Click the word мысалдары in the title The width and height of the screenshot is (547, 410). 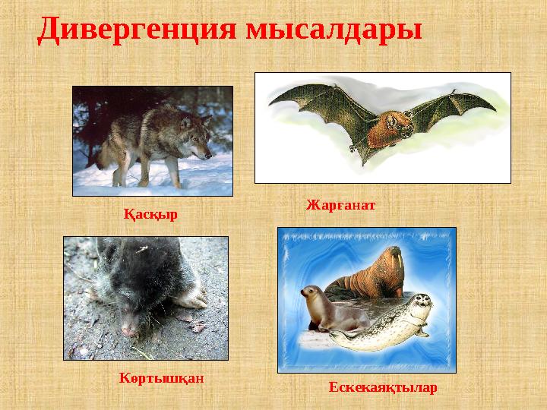click(x=334, y=30)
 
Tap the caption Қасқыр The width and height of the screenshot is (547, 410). click(x=150, y=214)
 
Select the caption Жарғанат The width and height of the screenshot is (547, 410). click(x=341, y=206)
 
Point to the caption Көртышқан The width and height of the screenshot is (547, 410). click(x=163, y=377)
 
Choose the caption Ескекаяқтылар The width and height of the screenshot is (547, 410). click(x=383, y=388)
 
